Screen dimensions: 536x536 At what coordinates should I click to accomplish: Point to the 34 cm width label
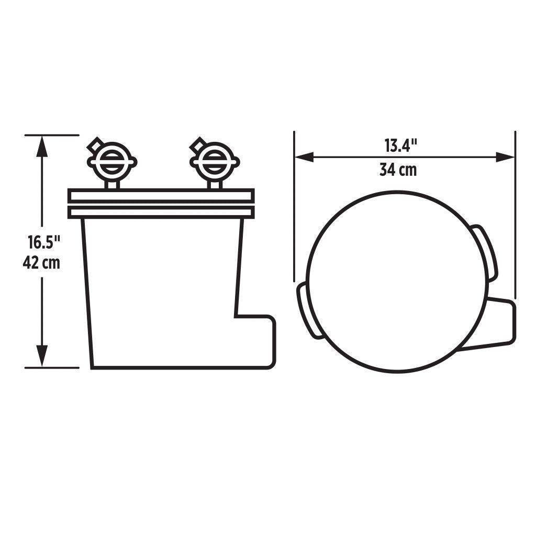pyautogui.click(x=398, y=170)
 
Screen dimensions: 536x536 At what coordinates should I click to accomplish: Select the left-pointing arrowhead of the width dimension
pyautogui.click(x=304, y=157)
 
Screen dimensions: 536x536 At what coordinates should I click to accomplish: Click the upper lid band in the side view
pyautogui.click(x=161, y=195)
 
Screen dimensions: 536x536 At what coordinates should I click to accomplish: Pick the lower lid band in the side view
pyautogui.click(x=161, y=211)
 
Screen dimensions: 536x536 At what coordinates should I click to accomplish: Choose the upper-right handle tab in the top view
pyautogui.click(x=485, y=252)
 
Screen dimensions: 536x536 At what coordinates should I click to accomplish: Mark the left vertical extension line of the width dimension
pyautogui.click(x=295, y=209)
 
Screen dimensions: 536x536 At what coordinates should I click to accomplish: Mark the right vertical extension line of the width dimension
pyautogui.click(x=516, y=209)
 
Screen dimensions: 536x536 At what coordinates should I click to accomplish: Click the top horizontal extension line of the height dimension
pyautogui.click(x=52, y=135)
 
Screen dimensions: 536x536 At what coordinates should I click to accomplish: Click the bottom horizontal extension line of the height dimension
pyautogui.click(x=52, y=367)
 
